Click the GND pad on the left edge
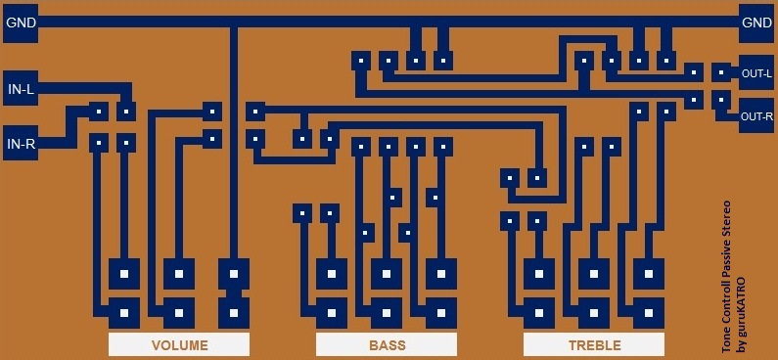pos(21,23)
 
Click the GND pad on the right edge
pos(756,23)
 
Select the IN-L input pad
pos(21,91)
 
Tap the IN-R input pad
pos(21,144)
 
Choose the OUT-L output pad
pos(756,73)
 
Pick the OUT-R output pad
pos(756,116)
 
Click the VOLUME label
pos(179,345)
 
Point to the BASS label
pos(388,345)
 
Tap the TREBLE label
pos(594,345)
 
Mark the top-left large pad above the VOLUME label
pos(123,272)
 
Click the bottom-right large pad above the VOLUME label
pos(234,314)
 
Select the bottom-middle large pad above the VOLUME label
pos(178,314)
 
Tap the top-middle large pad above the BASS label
pos(388,272)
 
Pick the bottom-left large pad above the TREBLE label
pos(538,314)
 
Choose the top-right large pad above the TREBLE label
pos(649,272)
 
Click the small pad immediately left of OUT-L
pos(721,72)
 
